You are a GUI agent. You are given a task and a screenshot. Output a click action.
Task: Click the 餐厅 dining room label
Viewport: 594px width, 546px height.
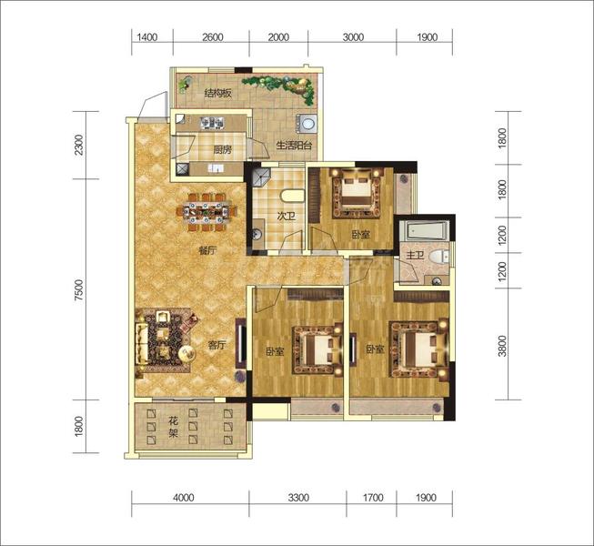click(207, 250)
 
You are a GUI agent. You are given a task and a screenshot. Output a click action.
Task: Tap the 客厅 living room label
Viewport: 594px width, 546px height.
click(217, 345)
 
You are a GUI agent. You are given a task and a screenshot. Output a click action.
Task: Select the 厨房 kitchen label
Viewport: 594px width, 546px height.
click(222, 150)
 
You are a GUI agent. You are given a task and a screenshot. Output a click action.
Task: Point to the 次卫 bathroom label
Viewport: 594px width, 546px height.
click(286, 217)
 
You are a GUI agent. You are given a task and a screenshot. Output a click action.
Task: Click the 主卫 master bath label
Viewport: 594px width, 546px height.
click(415, 256)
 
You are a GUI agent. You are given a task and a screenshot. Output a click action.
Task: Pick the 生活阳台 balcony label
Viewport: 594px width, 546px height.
click(294, 145)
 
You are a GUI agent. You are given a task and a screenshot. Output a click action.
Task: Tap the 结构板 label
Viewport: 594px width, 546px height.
click(217, 93)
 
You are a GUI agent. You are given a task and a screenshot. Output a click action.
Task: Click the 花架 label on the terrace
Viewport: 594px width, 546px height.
click(173, 427)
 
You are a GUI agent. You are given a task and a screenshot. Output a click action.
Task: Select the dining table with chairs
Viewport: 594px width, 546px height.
click(207, 212)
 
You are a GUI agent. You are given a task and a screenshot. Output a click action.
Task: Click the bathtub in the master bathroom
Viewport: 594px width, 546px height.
click(425, 230)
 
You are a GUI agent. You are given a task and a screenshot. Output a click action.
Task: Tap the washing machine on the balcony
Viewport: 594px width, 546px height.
click(307, 123)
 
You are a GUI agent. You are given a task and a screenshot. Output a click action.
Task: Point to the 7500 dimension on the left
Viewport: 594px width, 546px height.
click(79, 290)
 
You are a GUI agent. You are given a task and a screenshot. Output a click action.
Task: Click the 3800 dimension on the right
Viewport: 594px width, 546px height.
click(502, 346)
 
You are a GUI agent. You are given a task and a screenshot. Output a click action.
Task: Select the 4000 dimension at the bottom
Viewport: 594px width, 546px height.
click(184, 498)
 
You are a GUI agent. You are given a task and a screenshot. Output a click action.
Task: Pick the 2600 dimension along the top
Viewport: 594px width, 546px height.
click(213, 37)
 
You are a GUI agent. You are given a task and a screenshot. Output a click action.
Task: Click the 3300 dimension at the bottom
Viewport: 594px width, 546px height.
click(298, 498)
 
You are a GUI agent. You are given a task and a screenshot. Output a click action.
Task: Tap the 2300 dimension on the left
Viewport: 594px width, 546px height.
click(79, 145)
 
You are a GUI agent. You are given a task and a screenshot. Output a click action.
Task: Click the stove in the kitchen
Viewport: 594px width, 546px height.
click(212, 122)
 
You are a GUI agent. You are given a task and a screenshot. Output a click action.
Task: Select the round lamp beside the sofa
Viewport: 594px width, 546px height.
click(186, 354)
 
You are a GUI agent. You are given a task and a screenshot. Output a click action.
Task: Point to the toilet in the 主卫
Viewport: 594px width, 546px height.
click(439, 257)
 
